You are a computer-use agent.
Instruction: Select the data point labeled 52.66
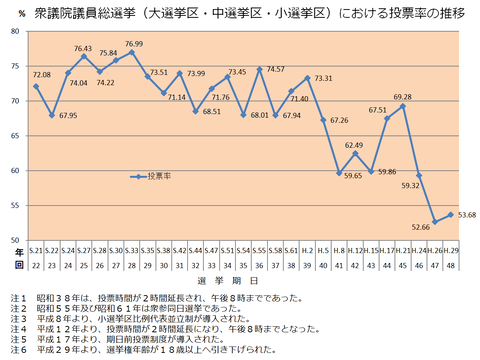pos(435,221)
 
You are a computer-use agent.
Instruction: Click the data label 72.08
pos(41,75)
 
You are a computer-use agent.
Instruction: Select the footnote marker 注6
pos(13,351)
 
